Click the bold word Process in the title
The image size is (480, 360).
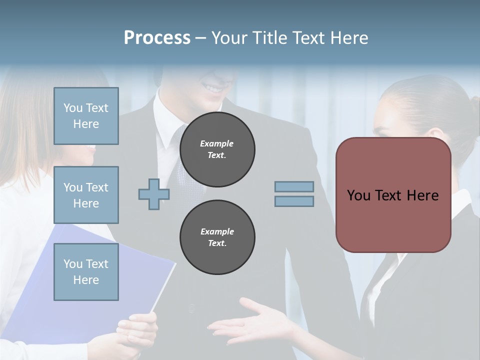pos(157,38)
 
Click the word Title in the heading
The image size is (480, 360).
pos(270,38)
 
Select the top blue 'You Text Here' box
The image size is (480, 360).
pos(86,116)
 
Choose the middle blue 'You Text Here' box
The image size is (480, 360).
pos(86,195)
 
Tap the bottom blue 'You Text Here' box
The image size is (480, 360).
pos(86,272)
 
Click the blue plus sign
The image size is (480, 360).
pos(154,194)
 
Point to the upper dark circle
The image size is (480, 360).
pos(217,149)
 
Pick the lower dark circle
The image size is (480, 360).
pos(217,237)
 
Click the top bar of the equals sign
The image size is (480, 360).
pos(294,186)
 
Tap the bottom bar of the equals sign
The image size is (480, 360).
pos(294,201)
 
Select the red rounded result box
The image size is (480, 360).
pos(393,220)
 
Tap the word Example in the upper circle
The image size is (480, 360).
pos(217,143)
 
